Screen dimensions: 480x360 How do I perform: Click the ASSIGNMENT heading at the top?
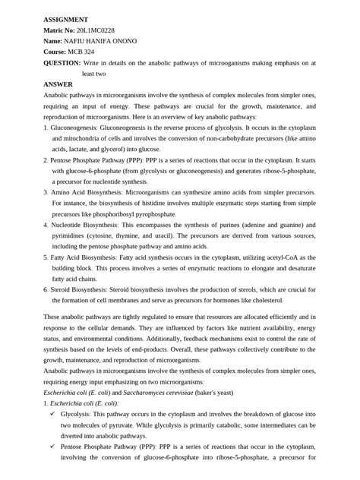pyautogui.click(x=65, y=18)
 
